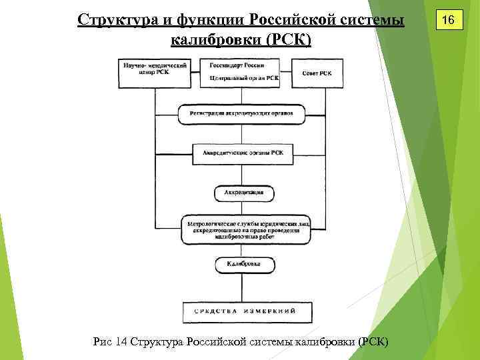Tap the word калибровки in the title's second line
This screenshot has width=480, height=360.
pos(215,40)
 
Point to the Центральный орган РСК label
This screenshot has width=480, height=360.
pos(244,78)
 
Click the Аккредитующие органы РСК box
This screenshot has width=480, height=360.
pos(243,153)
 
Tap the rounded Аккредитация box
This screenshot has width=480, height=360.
pos(243,193)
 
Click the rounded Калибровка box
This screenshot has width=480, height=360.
pos(243,265)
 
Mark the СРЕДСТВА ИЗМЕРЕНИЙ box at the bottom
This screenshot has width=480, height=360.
pos(244,311)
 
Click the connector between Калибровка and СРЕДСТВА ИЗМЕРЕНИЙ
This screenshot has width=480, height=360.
pos(244,288)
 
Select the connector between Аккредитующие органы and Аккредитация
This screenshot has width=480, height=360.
pos(244,173)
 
